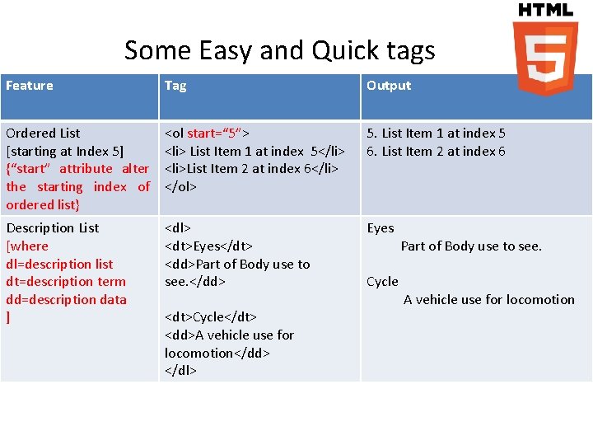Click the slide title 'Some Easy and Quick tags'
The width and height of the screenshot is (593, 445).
coord(279,50)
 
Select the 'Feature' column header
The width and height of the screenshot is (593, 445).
coord(30,86)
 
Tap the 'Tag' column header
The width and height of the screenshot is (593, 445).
coord(175,86)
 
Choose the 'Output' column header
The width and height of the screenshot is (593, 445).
coord(388,86)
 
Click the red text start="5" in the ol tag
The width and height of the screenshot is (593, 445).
coord(218,133)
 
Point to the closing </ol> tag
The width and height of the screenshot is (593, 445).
coord(180,186)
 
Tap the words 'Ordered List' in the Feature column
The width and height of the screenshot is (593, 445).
coord(43,133)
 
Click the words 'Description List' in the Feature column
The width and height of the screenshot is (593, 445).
coord(53,227)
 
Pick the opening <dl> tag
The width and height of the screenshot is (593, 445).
coord(177,227)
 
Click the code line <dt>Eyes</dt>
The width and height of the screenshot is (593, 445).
coord(208,246)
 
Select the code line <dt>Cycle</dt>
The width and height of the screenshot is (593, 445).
coord(211,317)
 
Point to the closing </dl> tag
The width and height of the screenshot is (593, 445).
coord(180,371)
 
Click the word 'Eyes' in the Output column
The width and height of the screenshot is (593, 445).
coord(381,227)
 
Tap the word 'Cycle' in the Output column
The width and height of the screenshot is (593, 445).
coord(382,282)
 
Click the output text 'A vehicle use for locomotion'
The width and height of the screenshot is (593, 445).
coord(488,300)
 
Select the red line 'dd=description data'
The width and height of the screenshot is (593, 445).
coord(66,299)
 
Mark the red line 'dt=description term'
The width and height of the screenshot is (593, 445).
coord(66,281)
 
